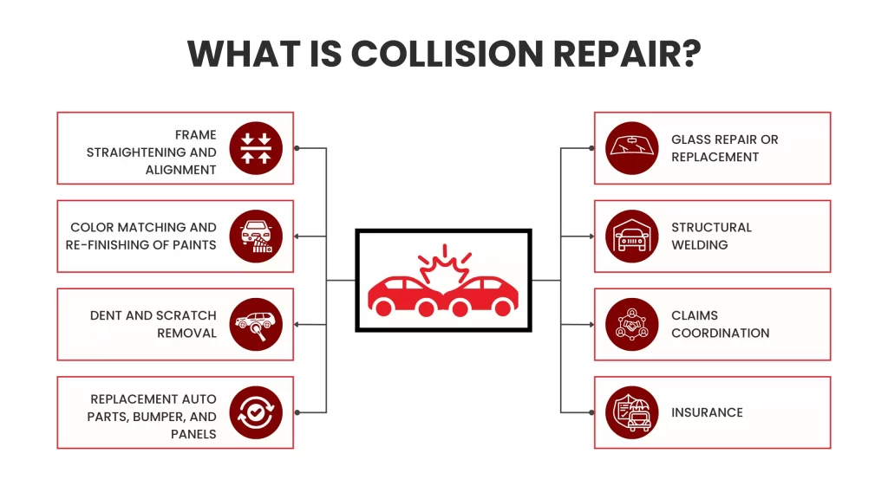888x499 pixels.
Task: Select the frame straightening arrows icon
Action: coord(256,148)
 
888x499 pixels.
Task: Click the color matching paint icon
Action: coord(256,236)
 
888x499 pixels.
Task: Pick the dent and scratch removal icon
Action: coord(256,324)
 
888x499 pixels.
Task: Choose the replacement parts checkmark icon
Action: coord(256,412)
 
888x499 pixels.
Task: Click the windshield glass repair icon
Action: coord(632,148)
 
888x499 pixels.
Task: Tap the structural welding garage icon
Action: coord(632,236)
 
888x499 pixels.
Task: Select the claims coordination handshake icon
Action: coord(632,324)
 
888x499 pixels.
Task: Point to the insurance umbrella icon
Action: coord(632,412)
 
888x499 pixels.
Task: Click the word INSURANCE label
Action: coord(707,412)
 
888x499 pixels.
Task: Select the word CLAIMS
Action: coord(695,315)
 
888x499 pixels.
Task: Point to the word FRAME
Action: coord(195,135)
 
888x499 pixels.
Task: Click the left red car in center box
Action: coord(402,295)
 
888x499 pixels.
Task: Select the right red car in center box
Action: coord(483,295)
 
